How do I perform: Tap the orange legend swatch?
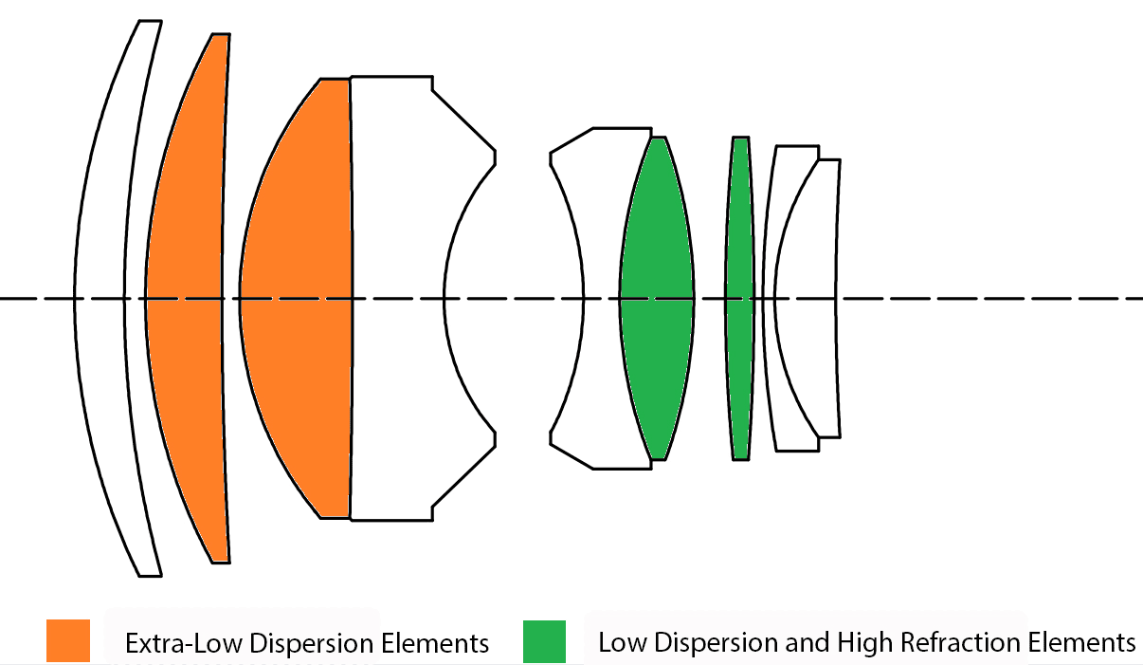point(68,640)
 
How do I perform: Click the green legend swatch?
point(544,640)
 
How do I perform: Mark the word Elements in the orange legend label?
point(435,643)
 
